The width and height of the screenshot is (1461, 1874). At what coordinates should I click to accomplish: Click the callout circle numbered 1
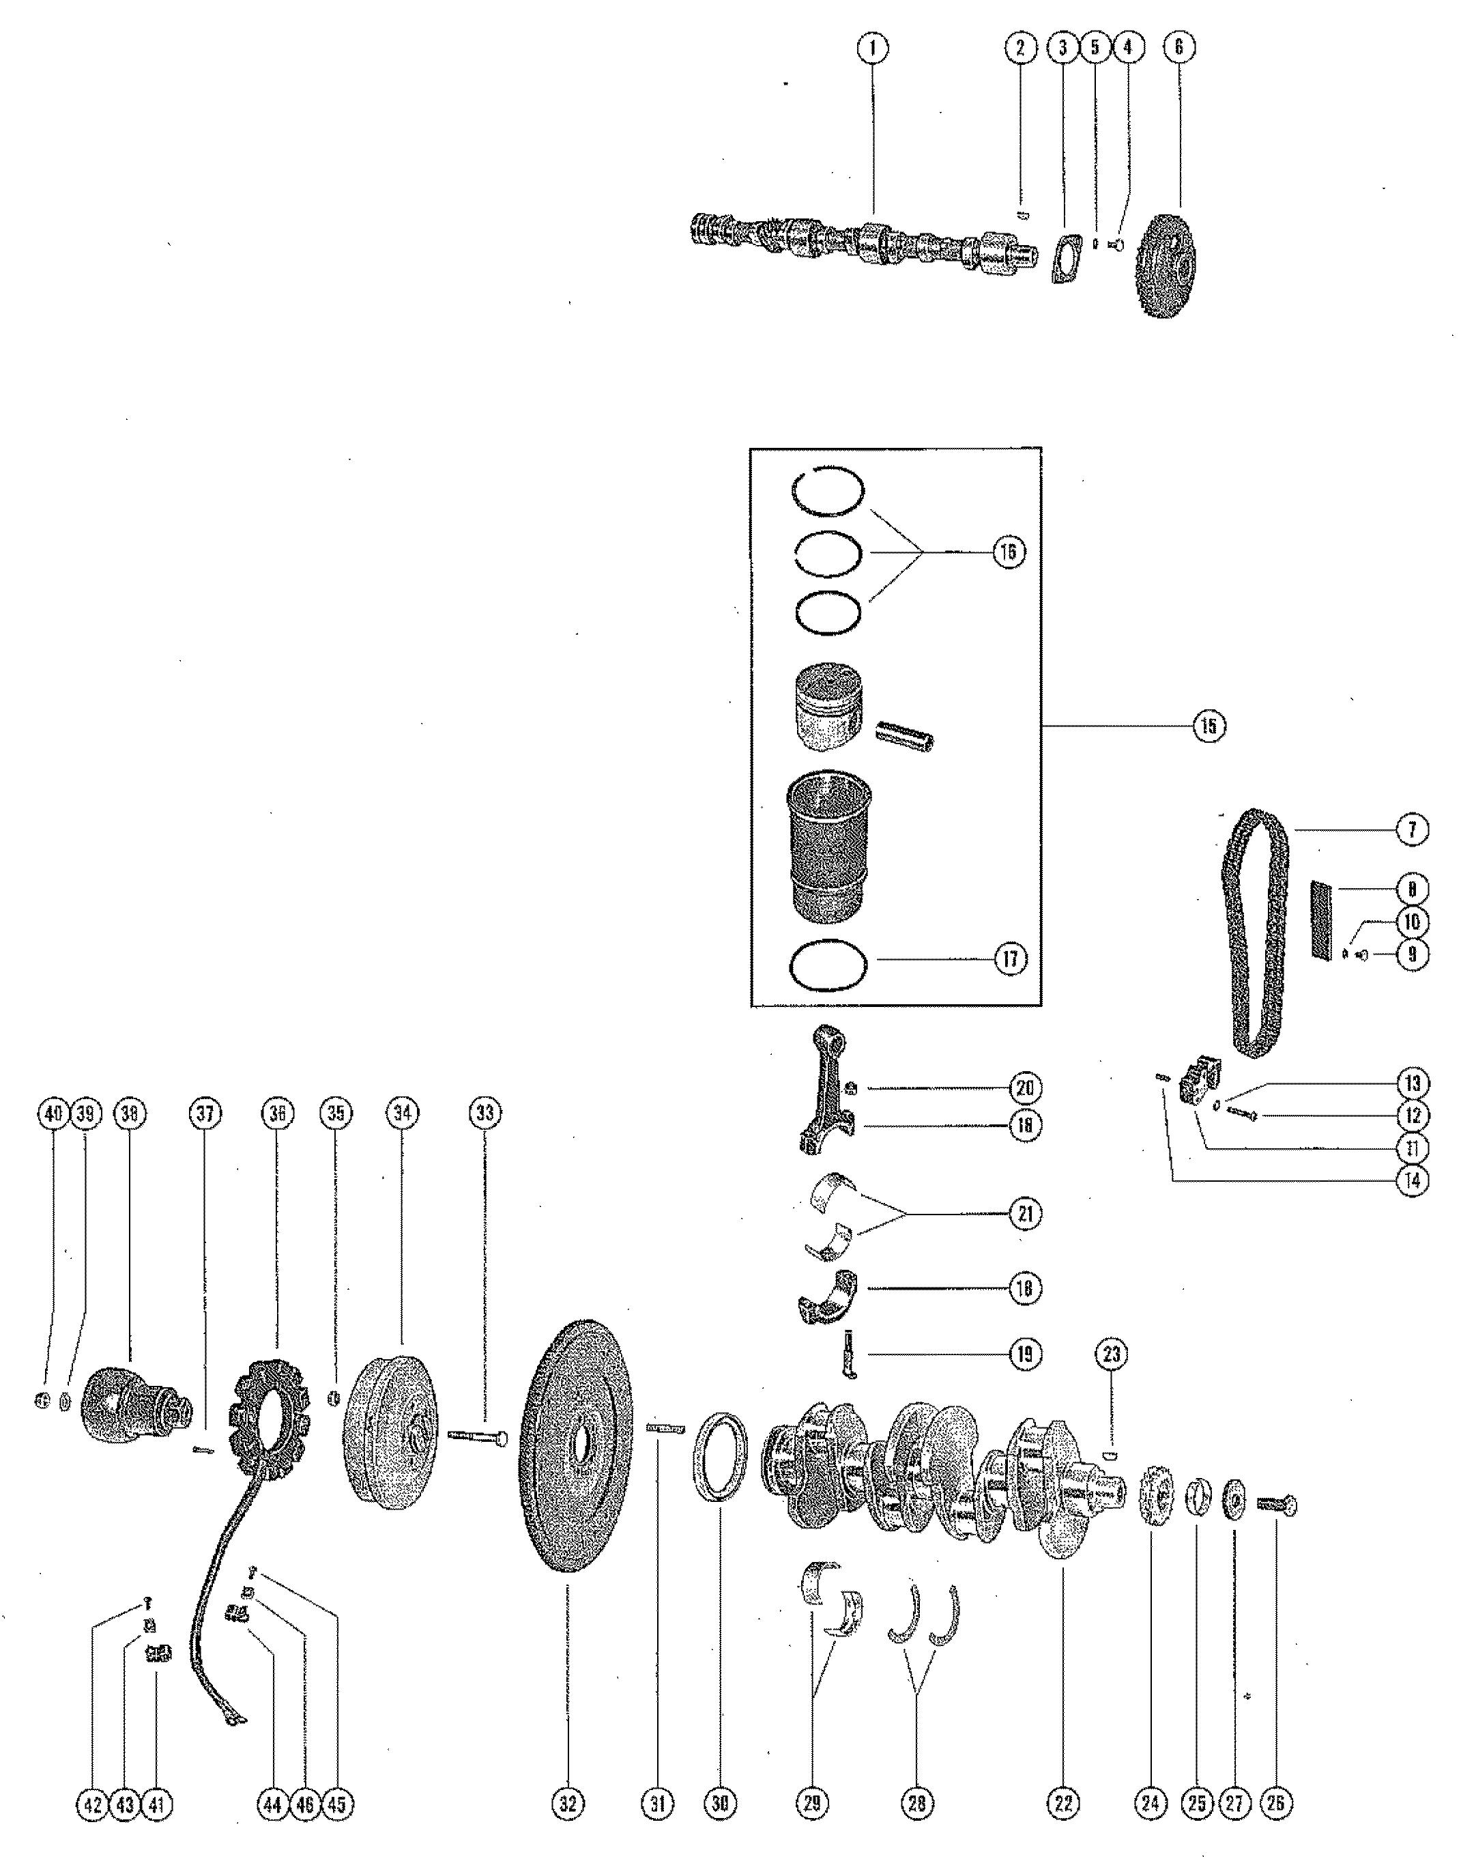873,48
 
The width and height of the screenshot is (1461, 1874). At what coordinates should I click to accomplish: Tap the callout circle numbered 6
1178,48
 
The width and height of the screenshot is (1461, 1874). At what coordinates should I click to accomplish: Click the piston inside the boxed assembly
827,705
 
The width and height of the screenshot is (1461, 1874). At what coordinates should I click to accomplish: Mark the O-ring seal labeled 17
827,968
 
